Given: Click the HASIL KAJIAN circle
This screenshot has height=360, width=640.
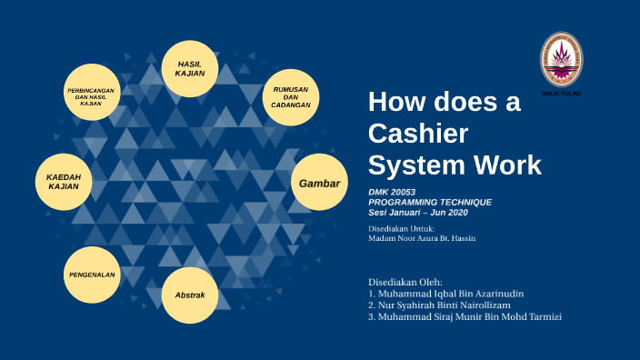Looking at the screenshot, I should [190, 68].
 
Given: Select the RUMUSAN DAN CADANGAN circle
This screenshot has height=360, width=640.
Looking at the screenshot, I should [291, 97].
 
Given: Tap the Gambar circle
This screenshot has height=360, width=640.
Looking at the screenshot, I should [320, 184].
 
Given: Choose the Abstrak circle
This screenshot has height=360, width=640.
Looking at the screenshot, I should [190, 295].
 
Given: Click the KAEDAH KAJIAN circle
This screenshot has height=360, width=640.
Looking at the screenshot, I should [64, 181].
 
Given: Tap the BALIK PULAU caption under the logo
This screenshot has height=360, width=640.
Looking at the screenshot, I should [561, 94].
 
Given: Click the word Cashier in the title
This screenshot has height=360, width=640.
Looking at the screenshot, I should [418, 134].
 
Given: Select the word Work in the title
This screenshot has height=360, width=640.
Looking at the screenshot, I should [506, 165].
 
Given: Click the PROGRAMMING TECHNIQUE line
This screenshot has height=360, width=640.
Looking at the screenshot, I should [430, 202].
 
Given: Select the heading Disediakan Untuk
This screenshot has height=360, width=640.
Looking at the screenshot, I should [401, 228].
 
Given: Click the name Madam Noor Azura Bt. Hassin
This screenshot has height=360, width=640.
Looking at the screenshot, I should [422, 238].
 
